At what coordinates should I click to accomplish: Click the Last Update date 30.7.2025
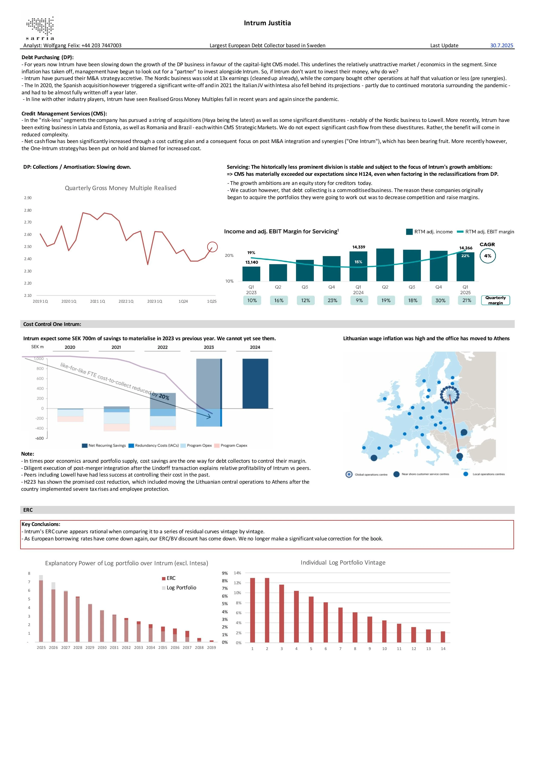click(x=501, y=46)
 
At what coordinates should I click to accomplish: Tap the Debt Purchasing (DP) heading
click(x=47, y=57)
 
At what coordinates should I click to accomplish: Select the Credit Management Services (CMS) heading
click(x=64, y=114)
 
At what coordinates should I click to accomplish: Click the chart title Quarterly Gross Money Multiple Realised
click(x=120, y=188)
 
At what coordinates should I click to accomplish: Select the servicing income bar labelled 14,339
click(x=358, y=266)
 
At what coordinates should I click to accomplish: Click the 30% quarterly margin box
click(x=440, y=300)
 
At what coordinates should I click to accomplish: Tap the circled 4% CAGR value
click(x=488, y=256)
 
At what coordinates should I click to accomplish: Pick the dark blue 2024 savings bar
click(x=255, y=383)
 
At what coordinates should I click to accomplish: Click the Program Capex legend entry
click(x=231, y=445)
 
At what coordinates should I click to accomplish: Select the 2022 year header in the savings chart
click(x=162, y=347)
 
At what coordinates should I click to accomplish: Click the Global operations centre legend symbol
click(x=349, y=474)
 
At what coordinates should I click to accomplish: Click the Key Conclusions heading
click(x=41, y=524)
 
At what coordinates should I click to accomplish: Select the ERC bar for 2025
click(x=41, y=611)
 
